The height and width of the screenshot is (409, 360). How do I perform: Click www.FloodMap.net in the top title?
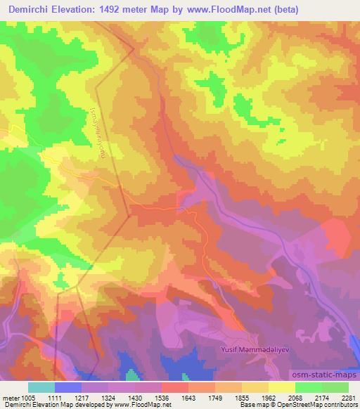coord(230,10)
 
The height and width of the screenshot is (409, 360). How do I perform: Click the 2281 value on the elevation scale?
coord(348,397)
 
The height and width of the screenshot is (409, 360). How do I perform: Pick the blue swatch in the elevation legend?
coord(67,387)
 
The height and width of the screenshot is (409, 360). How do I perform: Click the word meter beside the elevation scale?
coord(9,397)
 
